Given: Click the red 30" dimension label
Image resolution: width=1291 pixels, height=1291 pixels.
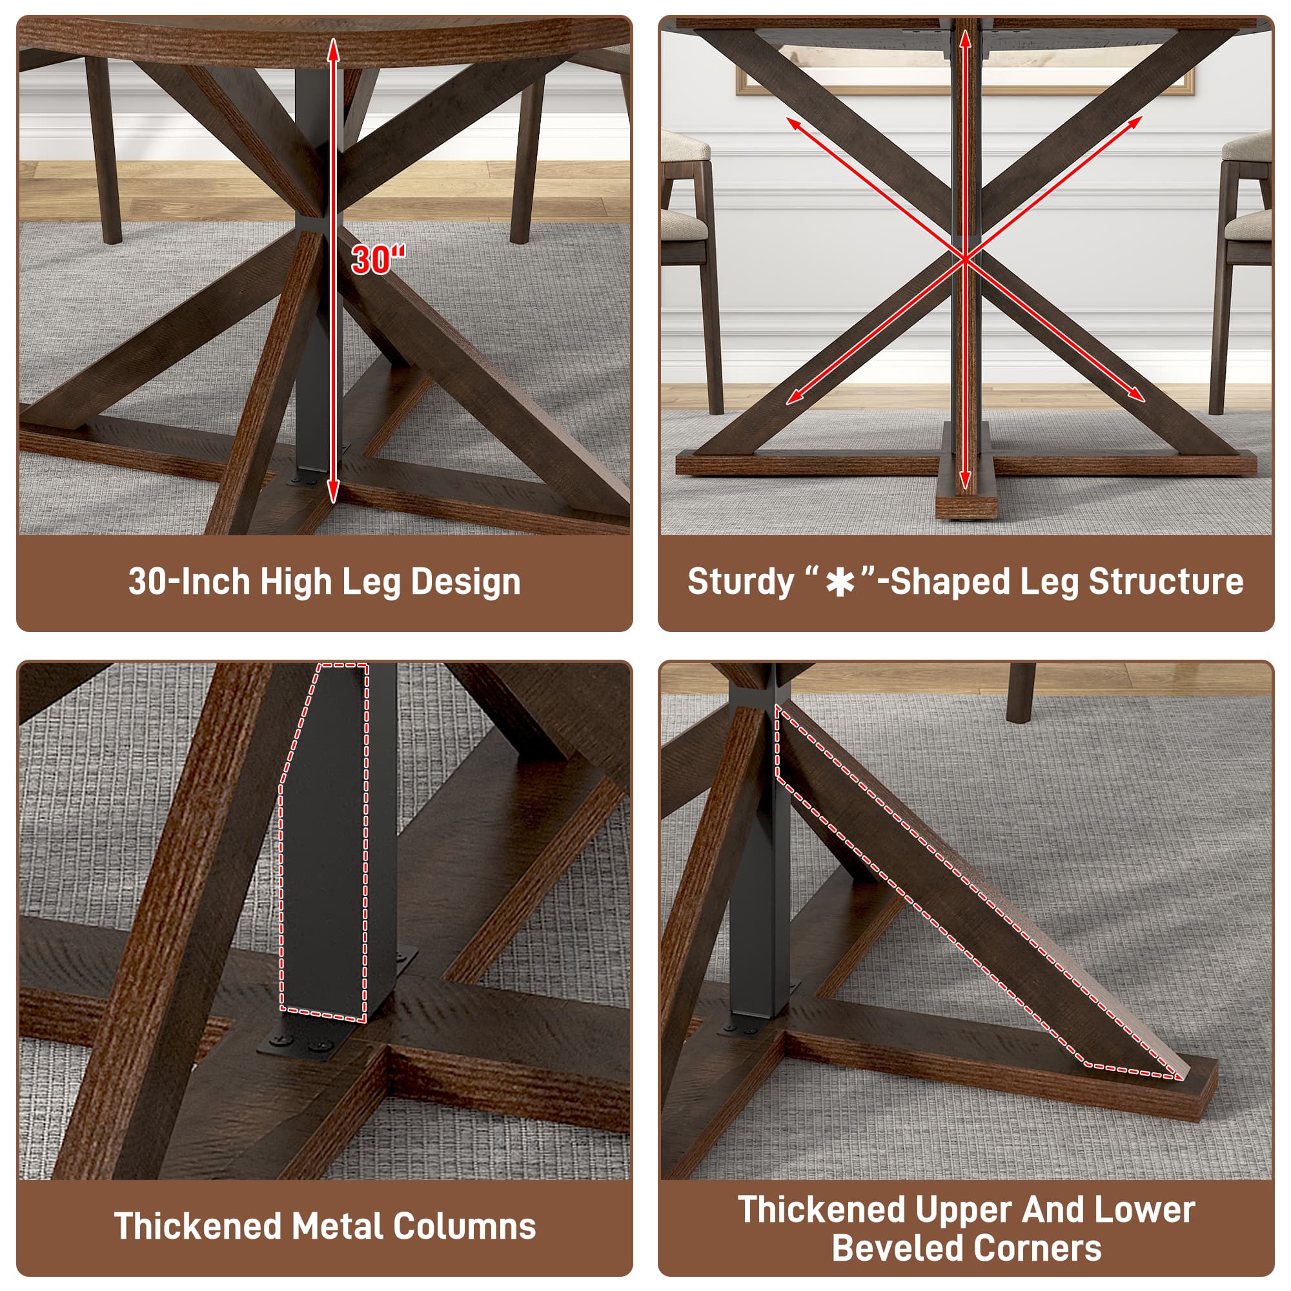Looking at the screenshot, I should click(378, 259).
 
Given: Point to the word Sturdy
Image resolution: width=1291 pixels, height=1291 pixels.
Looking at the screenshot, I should click(740, 582).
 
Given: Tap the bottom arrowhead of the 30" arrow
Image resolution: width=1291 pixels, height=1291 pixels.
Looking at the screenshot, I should click(333, 495).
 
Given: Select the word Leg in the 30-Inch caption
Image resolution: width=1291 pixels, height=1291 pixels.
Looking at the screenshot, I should click(371, 582).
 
